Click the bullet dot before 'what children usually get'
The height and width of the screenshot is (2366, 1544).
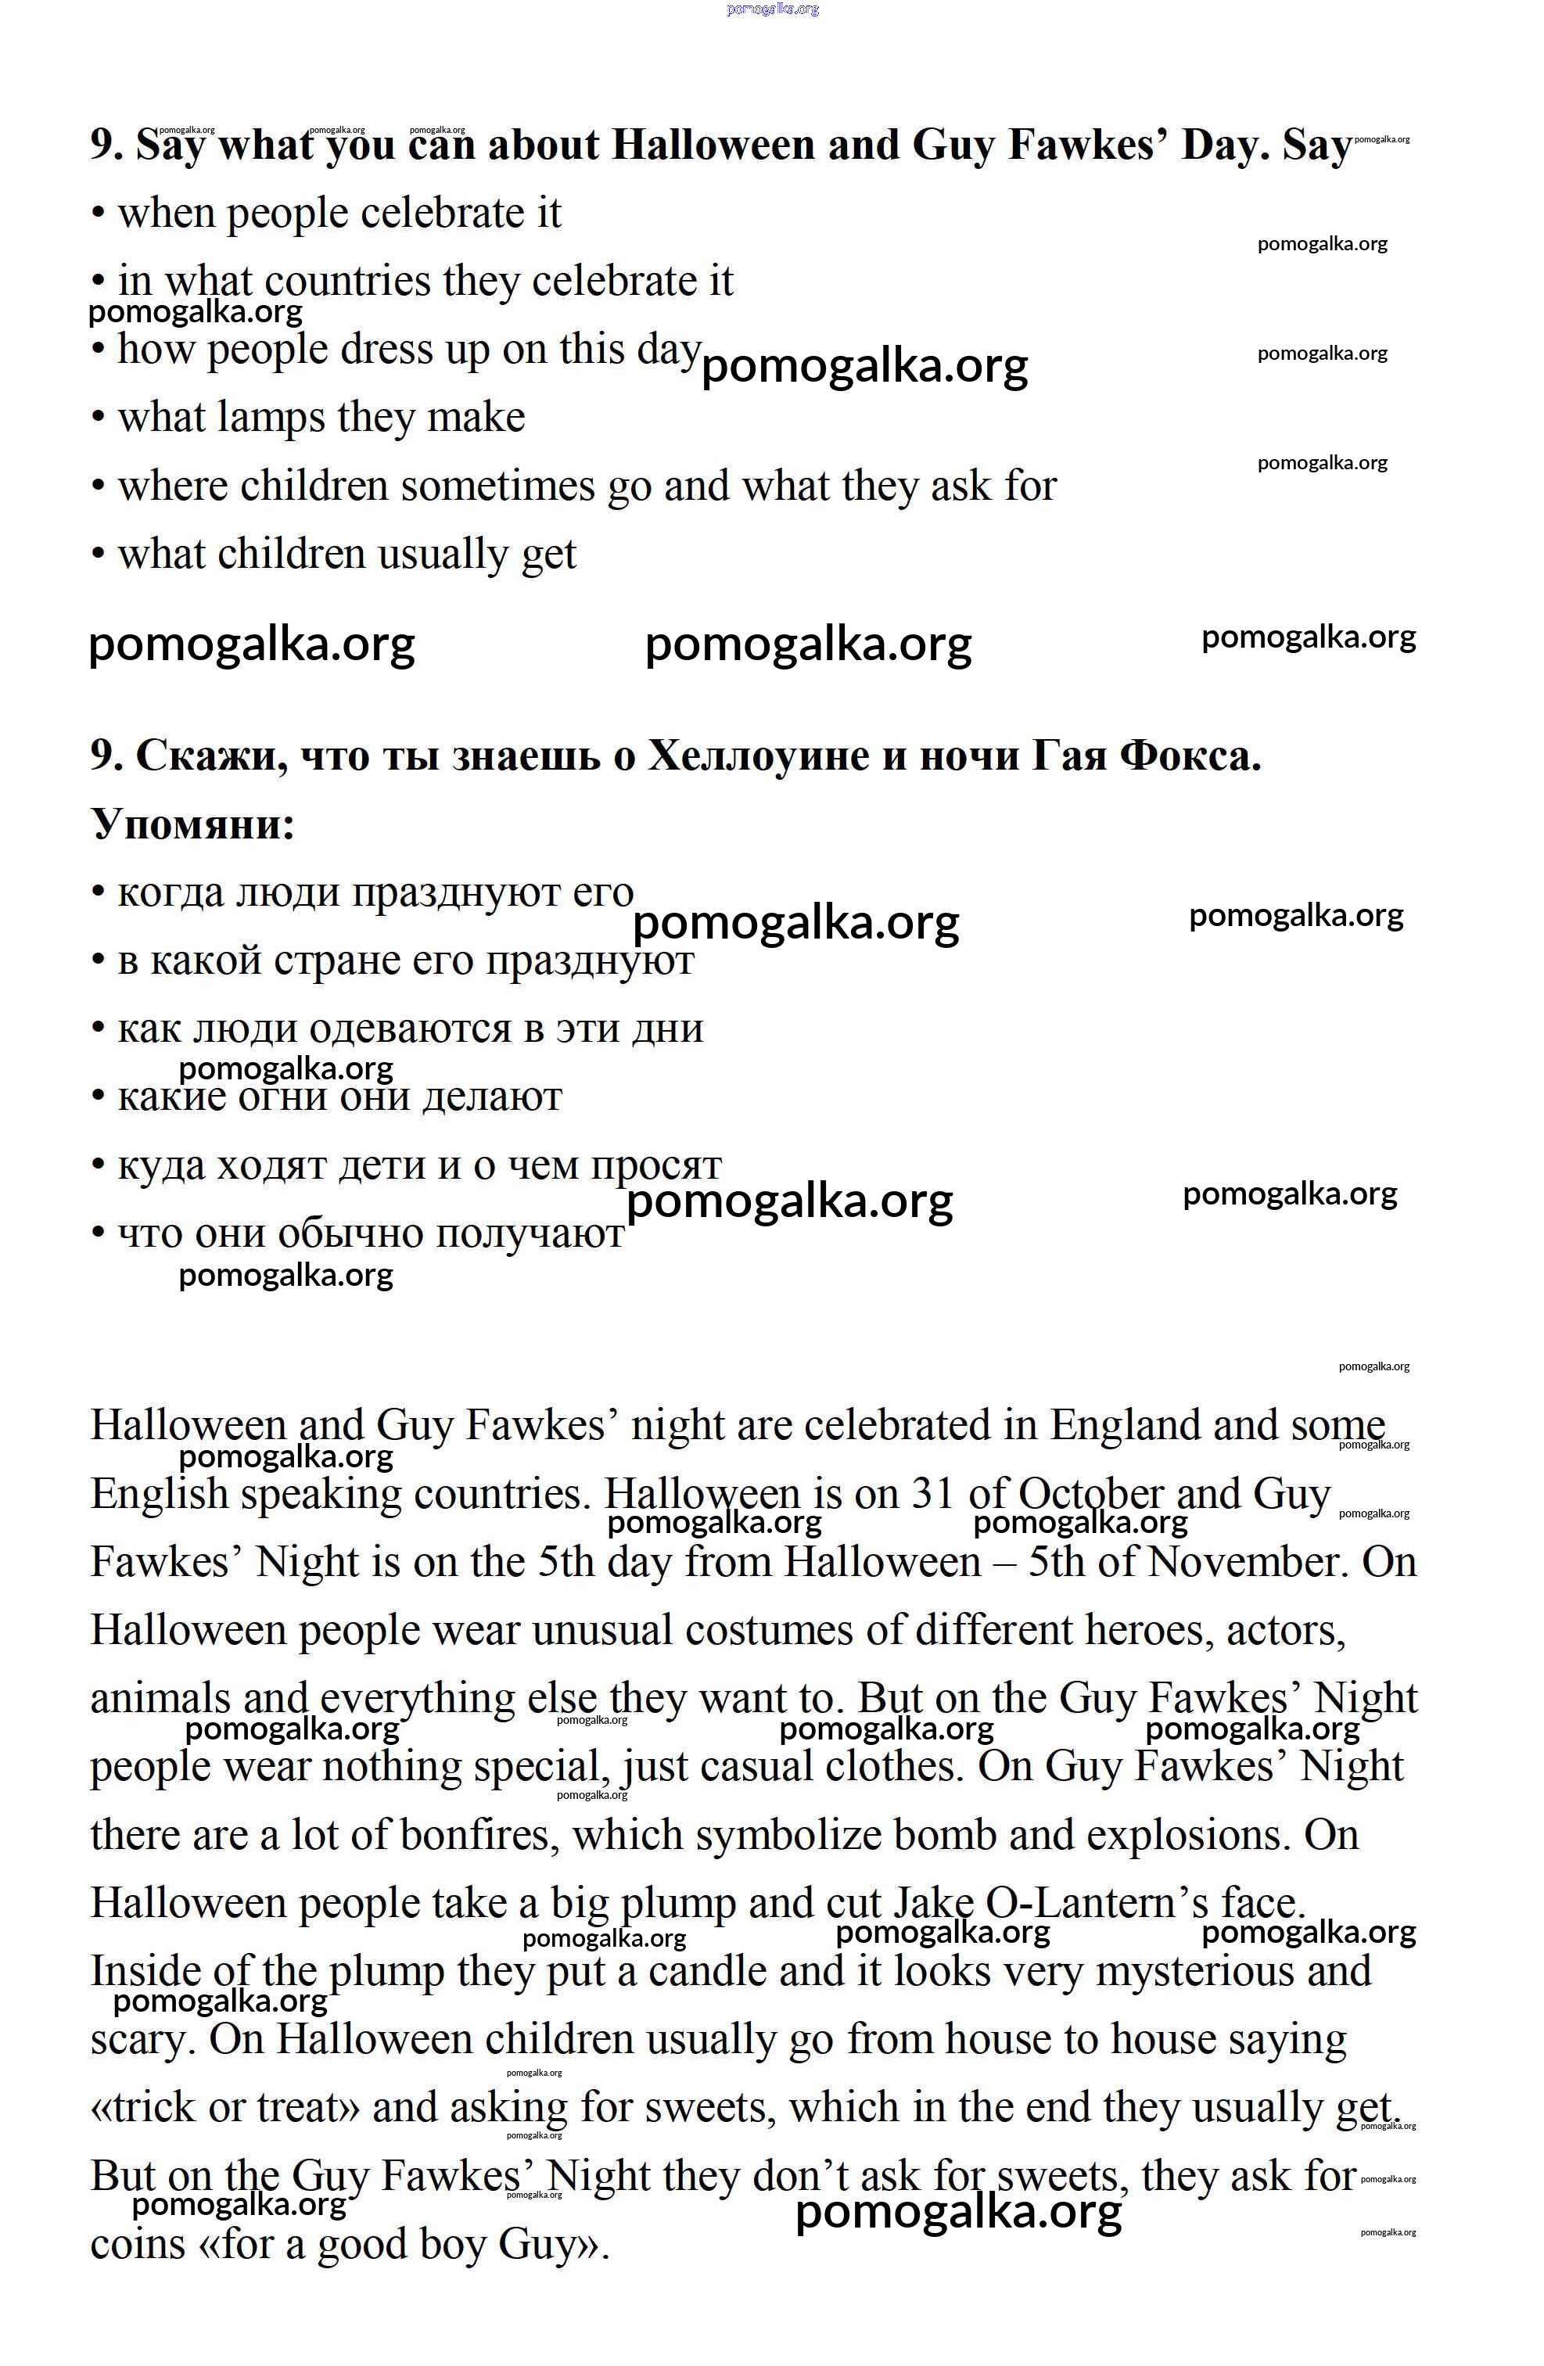click(98, 555)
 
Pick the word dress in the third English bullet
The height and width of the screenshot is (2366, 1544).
click(382, 350)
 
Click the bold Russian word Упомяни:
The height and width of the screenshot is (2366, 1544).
click(193, 824)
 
